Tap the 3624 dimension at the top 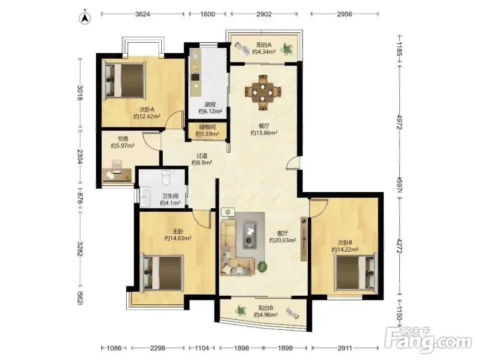[x=143, y=14]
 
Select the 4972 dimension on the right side [x=399, y=121]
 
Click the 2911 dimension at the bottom [x=345, y=348]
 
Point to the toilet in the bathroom [x=166, y=178]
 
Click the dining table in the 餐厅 [x=263, y=92]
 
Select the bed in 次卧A [x=124, y=80]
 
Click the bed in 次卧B [x=356, y=272]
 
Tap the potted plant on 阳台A [x=287, y=49]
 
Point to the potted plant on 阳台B [x=241, y=311]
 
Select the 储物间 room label [x=207, y=127]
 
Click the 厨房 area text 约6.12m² [x=210, y=111]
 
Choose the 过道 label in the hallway [x=202, y=156]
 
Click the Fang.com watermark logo [x=428, y=339]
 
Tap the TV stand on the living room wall [x=304, y=239]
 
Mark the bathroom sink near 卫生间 [x=145, y=197]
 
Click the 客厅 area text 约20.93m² [x=283, y=240]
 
